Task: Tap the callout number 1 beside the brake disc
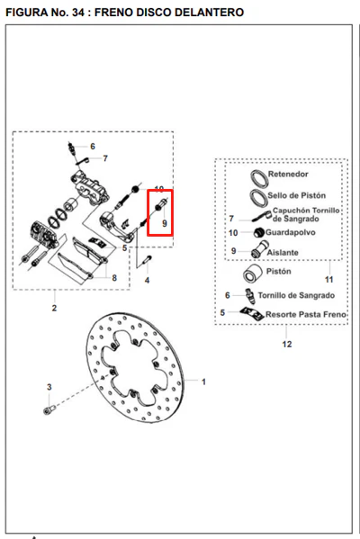tap(203, 382)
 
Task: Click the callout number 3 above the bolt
tap(49, 387)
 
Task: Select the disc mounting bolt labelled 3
tap(49, 409)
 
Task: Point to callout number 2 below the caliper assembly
tap(54, 308)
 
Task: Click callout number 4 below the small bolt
tap(148, 280)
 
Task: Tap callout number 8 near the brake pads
tap(114, 278)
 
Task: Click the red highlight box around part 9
tap(160, 212)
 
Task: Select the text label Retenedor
tap(288, 174)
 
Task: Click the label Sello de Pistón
tap(296, 195)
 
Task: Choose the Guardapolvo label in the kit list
tap(290, 232)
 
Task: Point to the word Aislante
tap(283, 252)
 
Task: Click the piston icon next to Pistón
tap(253, 274)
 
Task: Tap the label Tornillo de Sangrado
tap(296, 295)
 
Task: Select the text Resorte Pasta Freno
tap(306, 314)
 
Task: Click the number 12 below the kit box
tap(287, 344)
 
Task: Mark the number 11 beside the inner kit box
tap(329, 280)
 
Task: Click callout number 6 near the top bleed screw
tap(93, 147)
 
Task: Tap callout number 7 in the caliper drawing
tap(105, 158)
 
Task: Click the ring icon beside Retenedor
tap(259, 179)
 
